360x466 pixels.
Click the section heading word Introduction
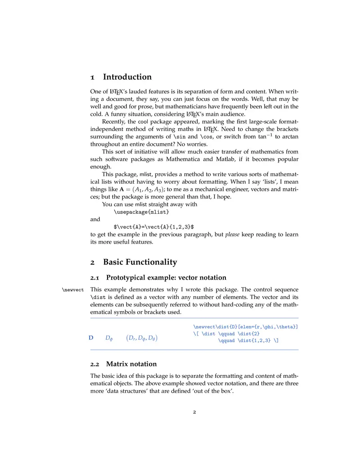click(x=127, y=77)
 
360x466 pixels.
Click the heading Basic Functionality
click(x=140, y=262)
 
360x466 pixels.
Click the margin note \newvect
click(x=72, y=289)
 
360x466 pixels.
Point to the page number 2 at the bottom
click(x=194, y=412)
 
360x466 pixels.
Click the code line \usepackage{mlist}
click(x=141, y=212)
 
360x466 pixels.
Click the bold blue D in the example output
click(x=91, y=338)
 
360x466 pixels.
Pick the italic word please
click(x=232, y=235)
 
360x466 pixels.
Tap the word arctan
click(x=288, y=136)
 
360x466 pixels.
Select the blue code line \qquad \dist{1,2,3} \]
click(x=248, y=341)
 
